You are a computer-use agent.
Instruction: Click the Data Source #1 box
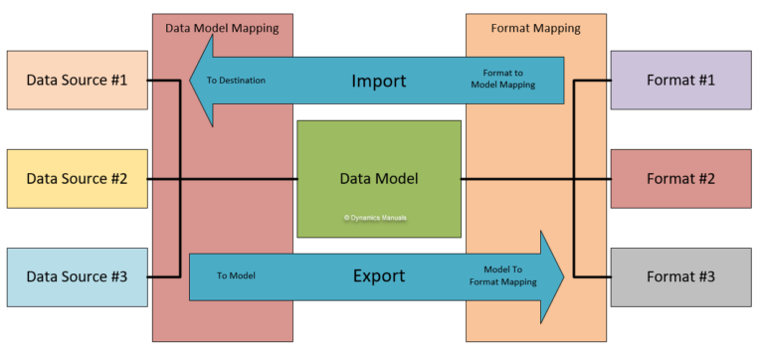(77, 80)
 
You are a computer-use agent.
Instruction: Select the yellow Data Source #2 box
(77, 179)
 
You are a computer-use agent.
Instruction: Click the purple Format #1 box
(680, 80)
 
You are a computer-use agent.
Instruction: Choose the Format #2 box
(680, 179)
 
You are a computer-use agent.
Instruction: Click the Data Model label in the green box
(378, 179)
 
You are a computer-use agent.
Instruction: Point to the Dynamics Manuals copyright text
(378, 217)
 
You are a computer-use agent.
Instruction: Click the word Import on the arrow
(379, 80)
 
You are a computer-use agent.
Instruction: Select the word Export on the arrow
(379, 276)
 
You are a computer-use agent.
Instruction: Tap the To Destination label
(236, 80)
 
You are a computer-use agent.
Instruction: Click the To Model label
(236, 276)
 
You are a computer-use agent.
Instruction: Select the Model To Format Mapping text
(502, 275)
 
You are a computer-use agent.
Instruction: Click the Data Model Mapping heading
(222, 28)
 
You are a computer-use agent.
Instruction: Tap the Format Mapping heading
(536, 28)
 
